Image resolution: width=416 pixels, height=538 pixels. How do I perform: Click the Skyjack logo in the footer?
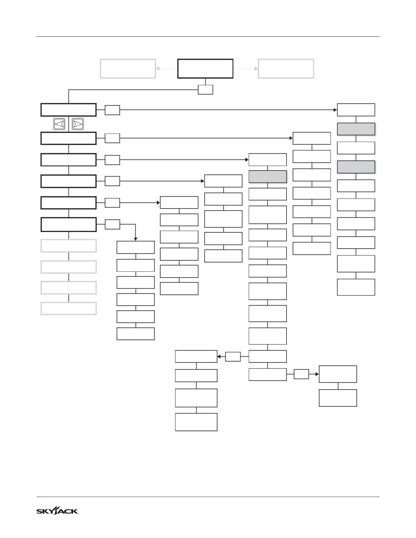click(x=57, y=511)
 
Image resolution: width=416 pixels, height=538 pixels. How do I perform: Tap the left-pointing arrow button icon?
click(x=59, y=124)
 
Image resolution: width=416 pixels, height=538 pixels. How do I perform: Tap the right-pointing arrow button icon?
click(x=78, y=124)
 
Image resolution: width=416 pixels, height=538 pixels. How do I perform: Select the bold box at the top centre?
click(x=205, y=69)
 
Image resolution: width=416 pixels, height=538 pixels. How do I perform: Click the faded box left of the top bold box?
click(x=128, y=69)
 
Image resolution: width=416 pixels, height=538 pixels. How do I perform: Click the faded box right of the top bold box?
click(x=286, y=69)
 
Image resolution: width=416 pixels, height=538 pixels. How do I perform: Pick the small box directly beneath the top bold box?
click(x=206, y=90)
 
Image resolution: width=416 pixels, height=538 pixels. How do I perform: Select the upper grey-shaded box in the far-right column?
click(x=356, y=129)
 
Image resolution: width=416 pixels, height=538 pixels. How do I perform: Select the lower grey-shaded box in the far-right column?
click(x=356, y=167)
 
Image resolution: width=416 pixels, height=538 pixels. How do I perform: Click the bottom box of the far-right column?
click(x=356, y=287)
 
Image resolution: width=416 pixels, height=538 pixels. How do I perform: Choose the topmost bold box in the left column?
click(x=68, y=110)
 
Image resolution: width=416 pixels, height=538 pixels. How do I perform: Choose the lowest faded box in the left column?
click(x=68, y=308)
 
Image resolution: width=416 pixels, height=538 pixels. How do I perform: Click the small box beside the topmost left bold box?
click(x=112, y=110)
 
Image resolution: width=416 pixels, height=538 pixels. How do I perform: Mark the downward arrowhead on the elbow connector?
click(x=136, y=239)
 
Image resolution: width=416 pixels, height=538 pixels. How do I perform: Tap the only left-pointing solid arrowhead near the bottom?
click(x=219, y=357)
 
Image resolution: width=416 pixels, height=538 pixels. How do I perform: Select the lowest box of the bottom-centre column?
click(x=196, y=422)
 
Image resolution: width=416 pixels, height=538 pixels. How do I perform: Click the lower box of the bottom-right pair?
click(x=338, y=398)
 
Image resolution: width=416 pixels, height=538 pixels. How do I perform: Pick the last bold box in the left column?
click(x=68, y=225)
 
